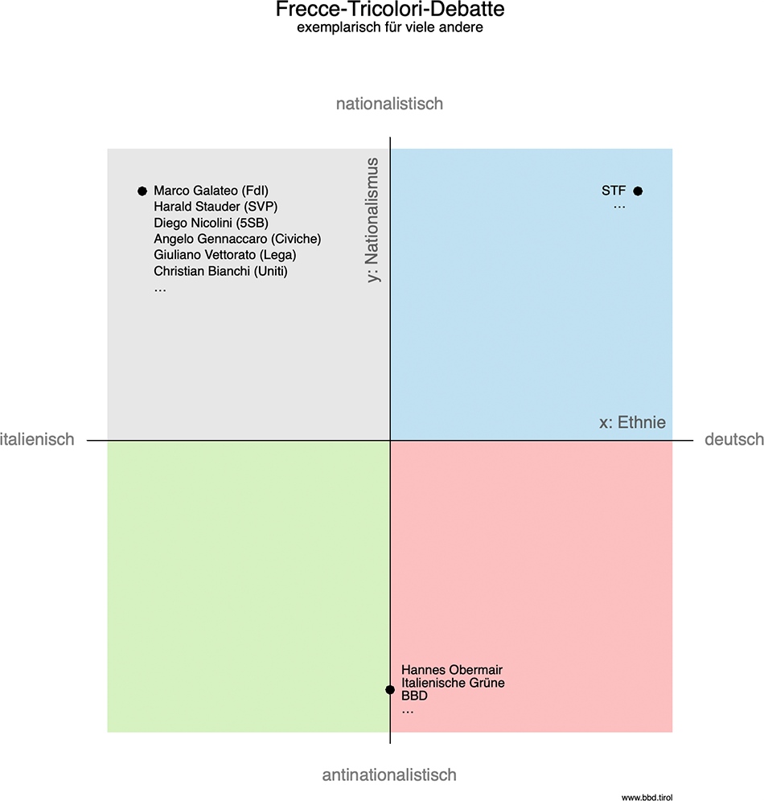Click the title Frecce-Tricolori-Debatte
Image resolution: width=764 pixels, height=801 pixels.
point(389,10)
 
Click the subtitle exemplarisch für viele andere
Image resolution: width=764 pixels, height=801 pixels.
point(389,28)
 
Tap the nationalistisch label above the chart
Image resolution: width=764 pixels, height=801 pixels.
point(389,104)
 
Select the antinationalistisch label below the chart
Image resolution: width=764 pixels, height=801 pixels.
point(389,775)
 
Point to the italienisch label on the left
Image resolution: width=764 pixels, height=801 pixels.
point(37,439)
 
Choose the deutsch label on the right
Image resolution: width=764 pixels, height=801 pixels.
point(733,439)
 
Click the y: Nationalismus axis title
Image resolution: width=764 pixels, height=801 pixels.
point(372,220)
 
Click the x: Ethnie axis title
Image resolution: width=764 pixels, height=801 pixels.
point(633,422)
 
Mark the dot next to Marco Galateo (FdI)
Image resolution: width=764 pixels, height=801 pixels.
point(142,191)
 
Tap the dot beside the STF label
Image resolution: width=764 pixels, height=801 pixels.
point(638,191)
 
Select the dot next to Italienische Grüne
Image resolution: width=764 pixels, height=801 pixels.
point(390,689)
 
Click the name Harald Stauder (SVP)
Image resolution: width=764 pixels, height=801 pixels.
point(216,207)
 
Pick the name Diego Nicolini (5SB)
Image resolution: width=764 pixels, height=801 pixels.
point(211,223)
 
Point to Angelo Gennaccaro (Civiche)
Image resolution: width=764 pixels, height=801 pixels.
point(237,239)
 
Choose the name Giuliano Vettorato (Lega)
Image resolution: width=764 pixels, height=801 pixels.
point(225,255)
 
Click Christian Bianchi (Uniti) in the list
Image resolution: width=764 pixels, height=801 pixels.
point(220,271)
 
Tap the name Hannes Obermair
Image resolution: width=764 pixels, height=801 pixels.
point(452,670)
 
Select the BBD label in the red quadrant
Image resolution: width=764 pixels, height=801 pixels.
point(414,696)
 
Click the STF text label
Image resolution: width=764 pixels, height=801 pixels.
point(614,191)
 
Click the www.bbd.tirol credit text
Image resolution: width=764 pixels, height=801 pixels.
point(646,796)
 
